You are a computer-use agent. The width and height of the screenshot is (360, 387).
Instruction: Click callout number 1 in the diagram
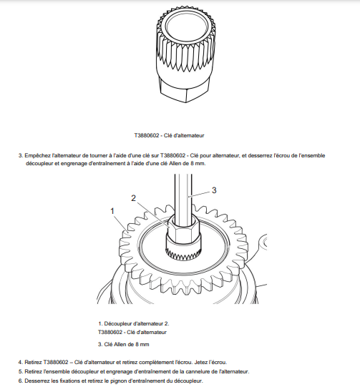pos(112,211)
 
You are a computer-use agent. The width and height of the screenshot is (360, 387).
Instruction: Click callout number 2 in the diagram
pos(133,198)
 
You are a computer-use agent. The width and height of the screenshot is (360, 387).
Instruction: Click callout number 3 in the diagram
pos(214,190)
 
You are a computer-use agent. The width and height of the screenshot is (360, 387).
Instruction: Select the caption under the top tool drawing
pos(169,135)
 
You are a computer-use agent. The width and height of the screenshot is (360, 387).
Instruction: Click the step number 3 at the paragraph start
pos(21,156)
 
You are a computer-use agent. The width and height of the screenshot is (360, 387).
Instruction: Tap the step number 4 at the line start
pos(21,362)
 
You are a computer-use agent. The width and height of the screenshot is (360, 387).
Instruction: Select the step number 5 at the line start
pos(21,371)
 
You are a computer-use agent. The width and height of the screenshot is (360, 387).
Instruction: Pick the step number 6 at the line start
pos(21,381)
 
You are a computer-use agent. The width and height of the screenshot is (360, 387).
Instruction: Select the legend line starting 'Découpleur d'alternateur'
pos(134,323)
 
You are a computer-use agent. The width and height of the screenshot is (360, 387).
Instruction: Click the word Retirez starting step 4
pos(33,362)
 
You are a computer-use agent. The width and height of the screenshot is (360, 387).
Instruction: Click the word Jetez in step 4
pos(200,362)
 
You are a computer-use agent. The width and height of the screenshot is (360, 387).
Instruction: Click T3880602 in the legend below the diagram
pos(110,332)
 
